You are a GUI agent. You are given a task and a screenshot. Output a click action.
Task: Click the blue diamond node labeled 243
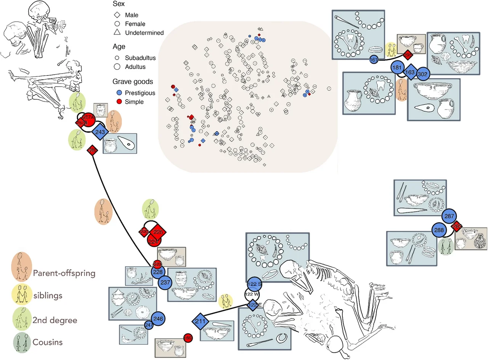[100, 132]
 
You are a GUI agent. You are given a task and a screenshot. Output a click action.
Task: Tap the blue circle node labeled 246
[158, 318]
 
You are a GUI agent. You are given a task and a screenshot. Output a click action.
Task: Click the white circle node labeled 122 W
[252, 294]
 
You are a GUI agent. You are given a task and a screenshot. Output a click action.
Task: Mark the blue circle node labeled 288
[440, 230]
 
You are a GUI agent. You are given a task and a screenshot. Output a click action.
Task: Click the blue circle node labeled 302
[422, 74]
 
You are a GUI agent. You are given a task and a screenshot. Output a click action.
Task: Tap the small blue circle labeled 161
[374, 60]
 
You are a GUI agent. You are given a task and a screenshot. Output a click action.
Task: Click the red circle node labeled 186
[188, 337]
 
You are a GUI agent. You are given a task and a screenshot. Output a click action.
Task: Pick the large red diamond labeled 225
[158, 231]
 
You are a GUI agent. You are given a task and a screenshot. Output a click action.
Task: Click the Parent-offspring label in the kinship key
[64, 273]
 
